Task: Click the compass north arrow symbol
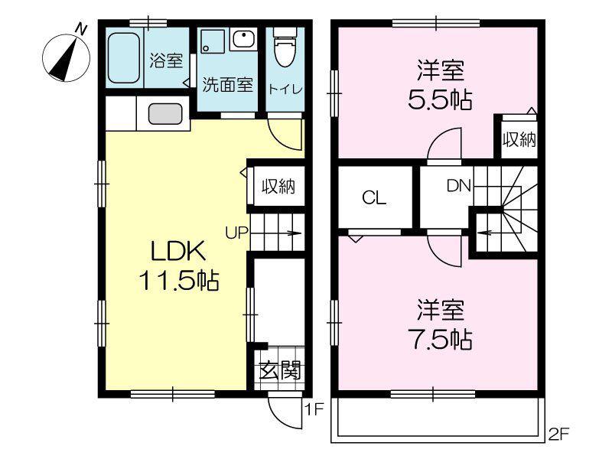(67, 58)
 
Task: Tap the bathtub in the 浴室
(123, 57)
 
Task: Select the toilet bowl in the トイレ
(285, 47)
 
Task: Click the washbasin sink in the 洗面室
(243, 39)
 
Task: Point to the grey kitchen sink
(165, 114)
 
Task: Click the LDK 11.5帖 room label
(178, 265)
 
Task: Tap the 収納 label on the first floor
(278, 186)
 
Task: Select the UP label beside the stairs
(236, 233)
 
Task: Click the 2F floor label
(559, 434)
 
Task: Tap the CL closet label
(374, 198)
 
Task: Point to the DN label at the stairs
(459, 186)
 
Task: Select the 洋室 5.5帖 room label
(441, 84)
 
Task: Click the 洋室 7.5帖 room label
(441, 324)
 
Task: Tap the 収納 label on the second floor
(519, 139)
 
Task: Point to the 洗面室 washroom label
(227, 85)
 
